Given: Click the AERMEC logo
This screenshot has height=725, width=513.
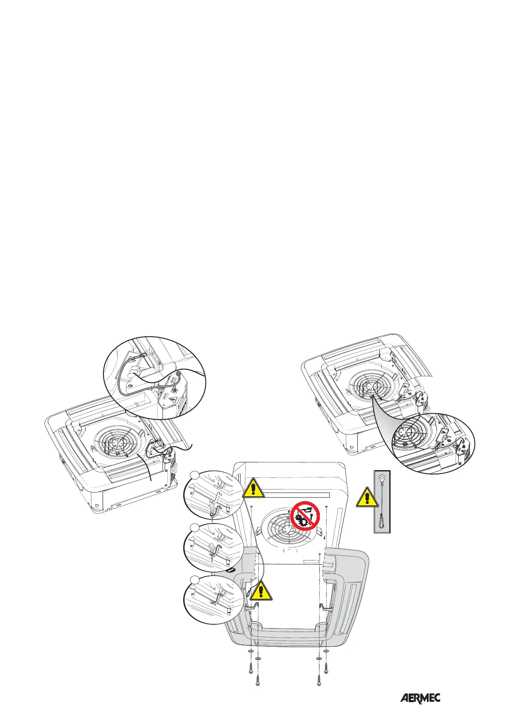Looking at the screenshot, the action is point(420,686).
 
